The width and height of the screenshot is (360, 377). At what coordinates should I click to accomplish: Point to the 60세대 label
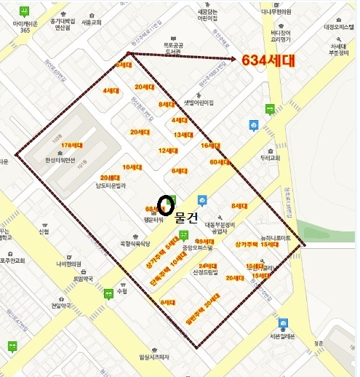pyautogui.click(x=218, y=162)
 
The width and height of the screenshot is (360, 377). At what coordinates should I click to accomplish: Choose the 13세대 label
pyautogui.click(x=182, y=135)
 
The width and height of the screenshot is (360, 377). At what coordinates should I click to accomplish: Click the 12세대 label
pyautogui.click(x=168, y=151)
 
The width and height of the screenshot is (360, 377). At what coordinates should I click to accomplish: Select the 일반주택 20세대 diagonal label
pyautogui.click(x=202, y=312)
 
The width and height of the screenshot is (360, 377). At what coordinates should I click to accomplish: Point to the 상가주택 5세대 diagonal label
pyautogui.click(x=162, y=250)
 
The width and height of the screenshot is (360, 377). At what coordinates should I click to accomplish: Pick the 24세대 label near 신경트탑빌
pyautogui.click(x=207, y=266)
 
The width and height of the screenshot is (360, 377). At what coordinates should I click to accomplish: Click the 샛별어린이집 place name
pyautogui.click(x=199, y=103)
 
